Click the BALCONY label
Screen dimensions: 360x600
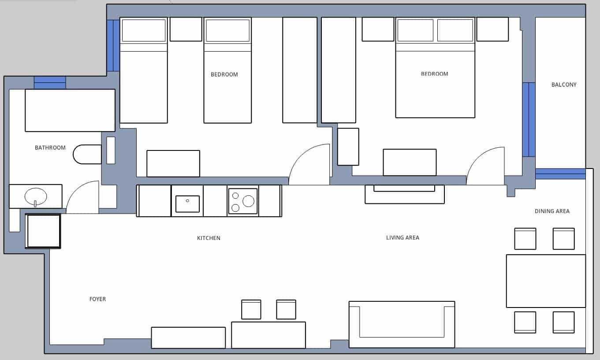[563, 85]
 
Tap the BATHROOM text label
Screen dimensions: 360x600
[50, 148]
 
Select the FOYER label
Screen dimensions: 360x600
[97, 299]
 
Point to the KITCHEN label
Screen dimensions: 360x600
[209, 238]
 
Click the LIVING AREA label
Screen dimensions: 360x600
[402, 238]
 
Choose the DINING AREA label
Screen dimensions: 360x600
[552, 211]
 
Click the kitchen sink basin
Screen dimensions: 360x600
[187, 203]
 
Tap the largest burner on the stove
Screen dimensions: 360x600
[248, 201]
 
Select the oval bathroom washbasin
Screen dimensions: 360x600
[35, 196]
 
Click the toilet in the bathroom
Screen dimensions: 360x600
[87, 154]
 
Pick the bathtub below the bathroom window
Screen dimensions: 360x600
[70, 110]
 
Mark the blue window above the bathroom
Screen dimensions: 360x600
[50, 82]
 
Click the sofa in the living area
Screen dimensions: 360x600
[402, 325]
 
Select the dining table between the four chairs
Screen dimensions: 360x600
[545, 281]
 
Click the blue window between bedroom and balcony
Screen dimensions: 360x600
[529, 120]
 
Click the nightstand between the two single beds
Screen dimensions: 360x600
[186, 29]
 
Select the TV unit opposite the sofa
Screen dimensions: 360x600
[404, 194]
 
